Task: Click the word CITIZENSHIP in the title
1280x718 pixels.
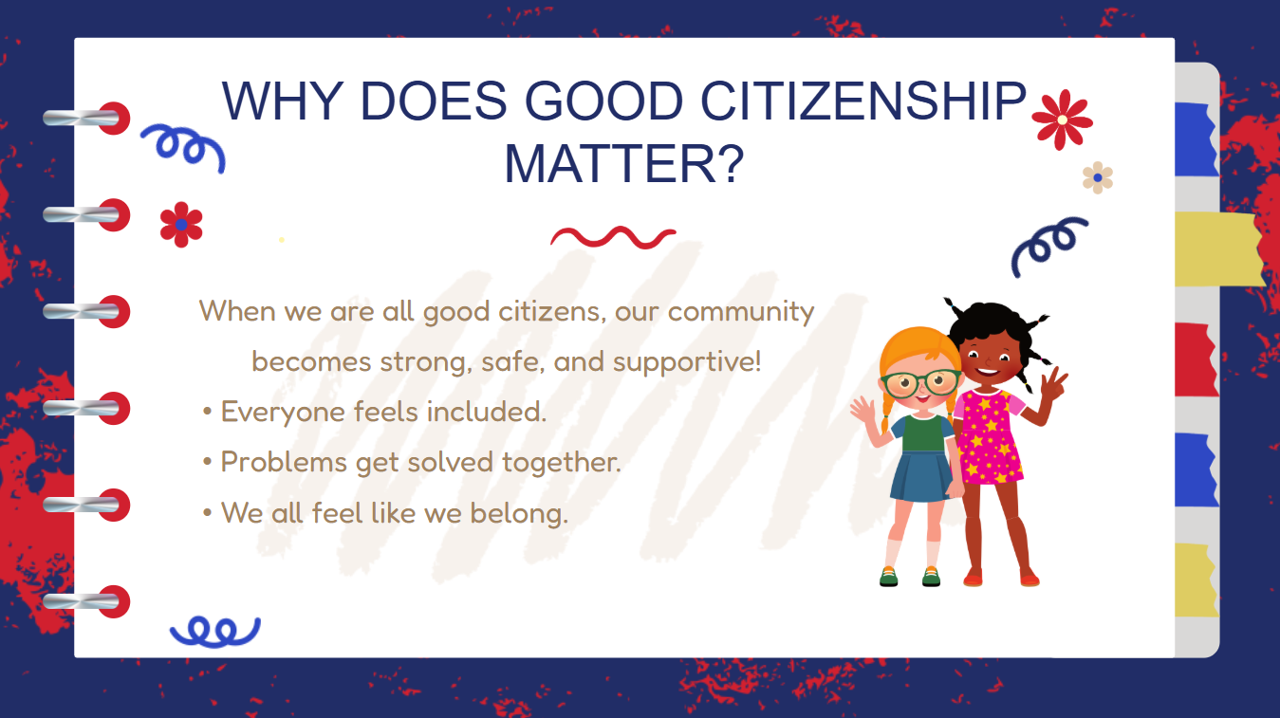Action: tap(863, 101)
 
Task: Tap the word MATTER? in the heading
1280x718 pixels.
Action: tap(624, 164)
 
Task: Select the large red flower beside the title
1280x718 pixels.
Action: tap(1063, 120)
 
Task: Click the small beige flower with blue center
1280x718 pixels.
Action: tap(1098, 177)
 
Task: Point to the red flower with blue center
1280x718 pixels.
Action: tap(181, 225)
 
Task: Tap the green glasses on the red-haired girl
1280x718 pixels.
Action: tap(921, 382)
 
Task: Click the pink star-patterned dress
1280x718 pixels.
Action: tap(989, 436)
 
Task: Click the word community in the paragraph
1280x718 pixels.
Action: tap(740, 312)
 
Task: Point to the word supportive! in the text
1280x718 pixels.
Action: tap(687, 362)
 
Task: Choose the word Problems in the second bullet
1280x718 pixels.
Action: tap(284, 463)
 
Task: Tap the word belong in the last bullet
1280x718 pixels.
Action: tap(519, 513)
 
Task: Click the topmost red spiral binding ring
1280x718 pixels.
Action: tap(114, 119)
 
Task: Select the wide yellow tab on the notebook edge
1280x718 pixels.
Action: tap(1219, 249)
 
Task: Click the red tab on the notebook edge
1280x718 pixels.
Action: tap(1196, 359)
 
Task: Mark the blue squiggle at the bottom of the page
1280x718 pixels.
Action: tap(215, 632)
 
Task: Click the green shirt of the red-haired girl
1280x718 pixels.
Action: tap(921, 434)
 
